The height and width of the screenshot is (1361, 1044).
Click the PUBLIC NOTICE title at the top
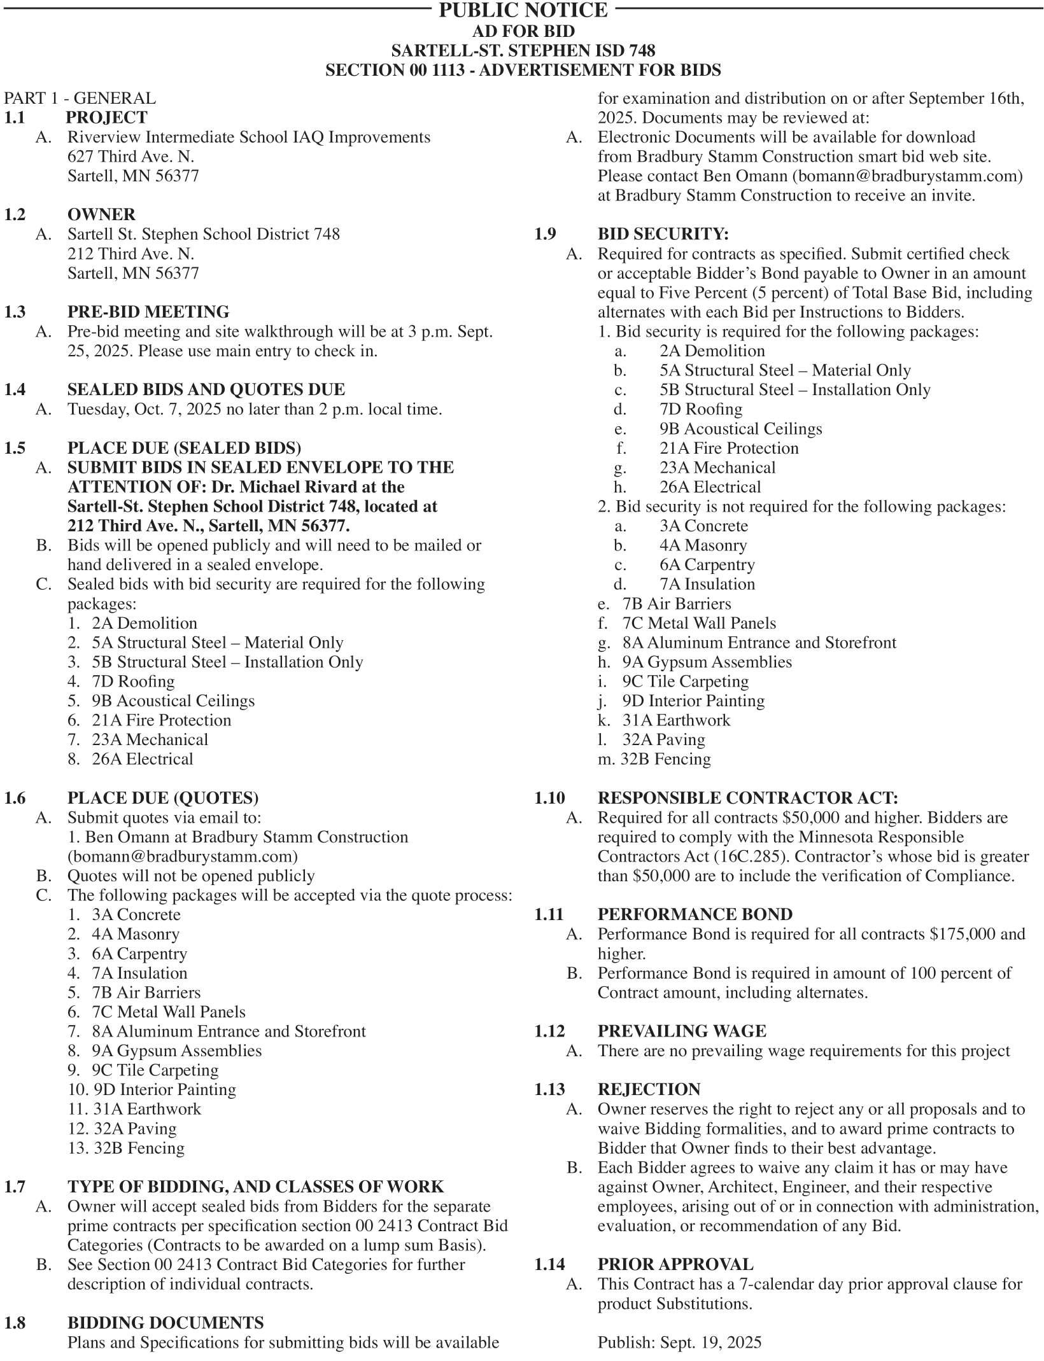point(523,10)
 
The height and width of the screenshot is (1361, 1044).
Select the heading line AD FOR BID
point(523,31)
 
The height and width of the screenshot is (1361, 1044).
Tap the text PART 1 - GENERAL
point(80,98)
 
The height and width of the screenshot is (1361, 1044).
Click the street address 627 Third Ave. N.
point(130,157)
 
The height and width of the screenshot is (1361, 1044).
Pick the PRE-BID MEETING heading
point(148,312)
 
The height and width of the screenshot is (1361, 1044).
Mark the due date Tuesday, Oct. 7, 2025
point(145,409)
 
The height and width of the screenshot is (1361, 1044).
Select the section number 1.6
point(15,798)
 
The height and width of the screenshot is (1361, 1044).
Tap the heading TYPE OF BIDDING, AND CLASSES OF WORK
point(255,1187)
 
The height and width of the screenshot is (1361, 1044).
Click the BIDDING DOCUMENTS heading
point(166,1323)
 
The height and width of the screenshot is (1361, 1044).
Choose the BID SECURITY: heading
point(663,234)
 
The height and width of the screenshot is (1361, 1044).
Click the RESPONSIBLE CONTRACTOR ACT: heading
point(747,798)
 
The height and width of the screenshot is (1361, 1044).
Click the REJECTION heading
point(649,1089)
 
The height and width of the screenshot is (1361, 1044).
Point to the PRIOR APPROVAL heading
point(675,1264)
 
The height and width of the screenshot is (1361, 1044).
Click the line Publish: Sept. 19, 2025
point(679,1343)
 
